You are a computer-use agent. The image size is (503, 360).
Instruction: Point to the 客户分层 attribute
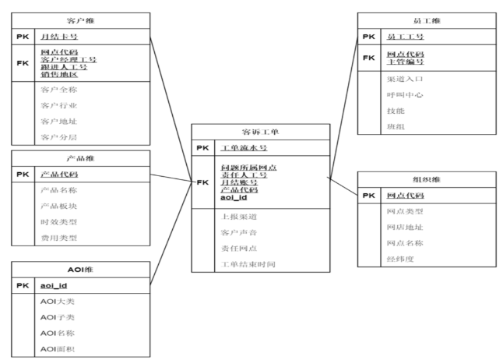coord(58,136)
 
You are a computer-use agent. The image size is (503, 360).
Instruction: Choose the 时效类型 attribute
coord(58,221)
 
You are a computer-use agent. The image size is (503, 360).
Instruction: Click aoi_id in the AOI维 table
coord(55,285)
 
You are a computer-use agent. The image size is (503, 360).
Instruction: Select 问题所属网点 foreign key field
coord(250,168)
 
